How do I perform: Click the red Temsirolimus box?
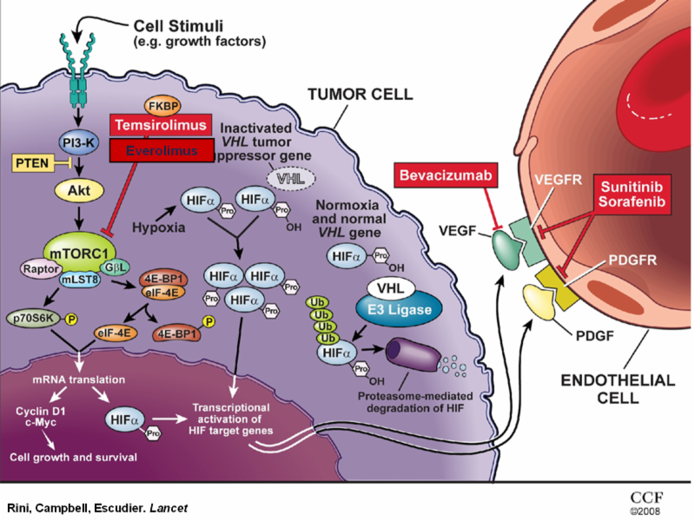(x=162, y=126)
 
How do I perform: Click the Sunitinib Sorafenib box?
(x=633, y=191)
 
